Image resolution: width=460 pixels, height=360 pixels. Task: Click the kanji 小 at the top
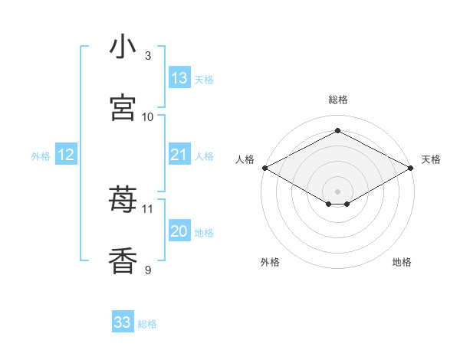coord(123,46)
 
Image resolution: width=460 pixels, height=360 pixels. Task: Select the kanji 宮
coord(123,107)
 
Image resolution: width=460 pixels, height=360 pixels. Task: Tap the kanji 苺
coord(123,198)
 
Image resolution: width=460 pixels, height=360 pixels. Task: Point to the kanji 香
coord(123,260)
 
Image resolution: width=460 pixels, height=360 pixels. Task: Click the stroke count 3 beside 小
coord(148,56)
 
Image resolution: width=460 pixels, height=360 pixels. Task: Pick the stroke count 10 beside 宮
coord(147,117)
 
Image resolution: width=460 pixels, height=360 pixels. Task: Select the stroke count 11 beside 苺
coord(147,209)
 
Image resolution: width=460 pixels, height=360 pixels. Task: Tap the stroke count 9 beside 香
coord(148,270)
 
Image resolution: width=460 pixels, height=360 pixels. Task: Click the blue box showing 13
coord(179,77)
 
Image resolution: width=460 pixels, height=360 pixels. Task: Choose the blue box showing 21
coord(179,154)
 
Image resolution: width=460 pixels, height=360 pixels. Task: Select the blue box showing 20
coord(179,230)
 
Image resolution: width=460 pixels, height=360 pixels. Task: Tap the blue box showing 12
coord(66,154)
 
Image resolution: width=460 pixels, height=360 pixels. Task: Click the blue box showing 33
coord(123,321)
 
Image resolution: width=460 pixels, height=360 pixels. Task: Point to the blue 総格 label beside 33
coord(147,324)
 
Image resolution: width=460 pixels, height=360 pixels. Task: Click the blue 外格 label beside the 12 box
coord(41,156)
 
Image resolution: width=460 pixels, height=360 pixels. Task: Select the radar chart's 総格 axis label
coord(338,100)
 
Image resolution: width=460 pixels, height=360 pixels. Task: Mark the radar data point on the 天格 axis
coord(411,168)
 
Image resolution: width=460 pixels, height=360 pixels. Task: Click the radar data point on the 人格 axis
coord(265,168)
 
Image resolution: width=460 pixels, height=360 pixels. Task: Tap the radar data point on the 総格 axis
coord(337,130)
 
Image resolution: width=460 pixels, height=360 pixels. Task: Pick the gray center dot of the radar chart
coord(337,191)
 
